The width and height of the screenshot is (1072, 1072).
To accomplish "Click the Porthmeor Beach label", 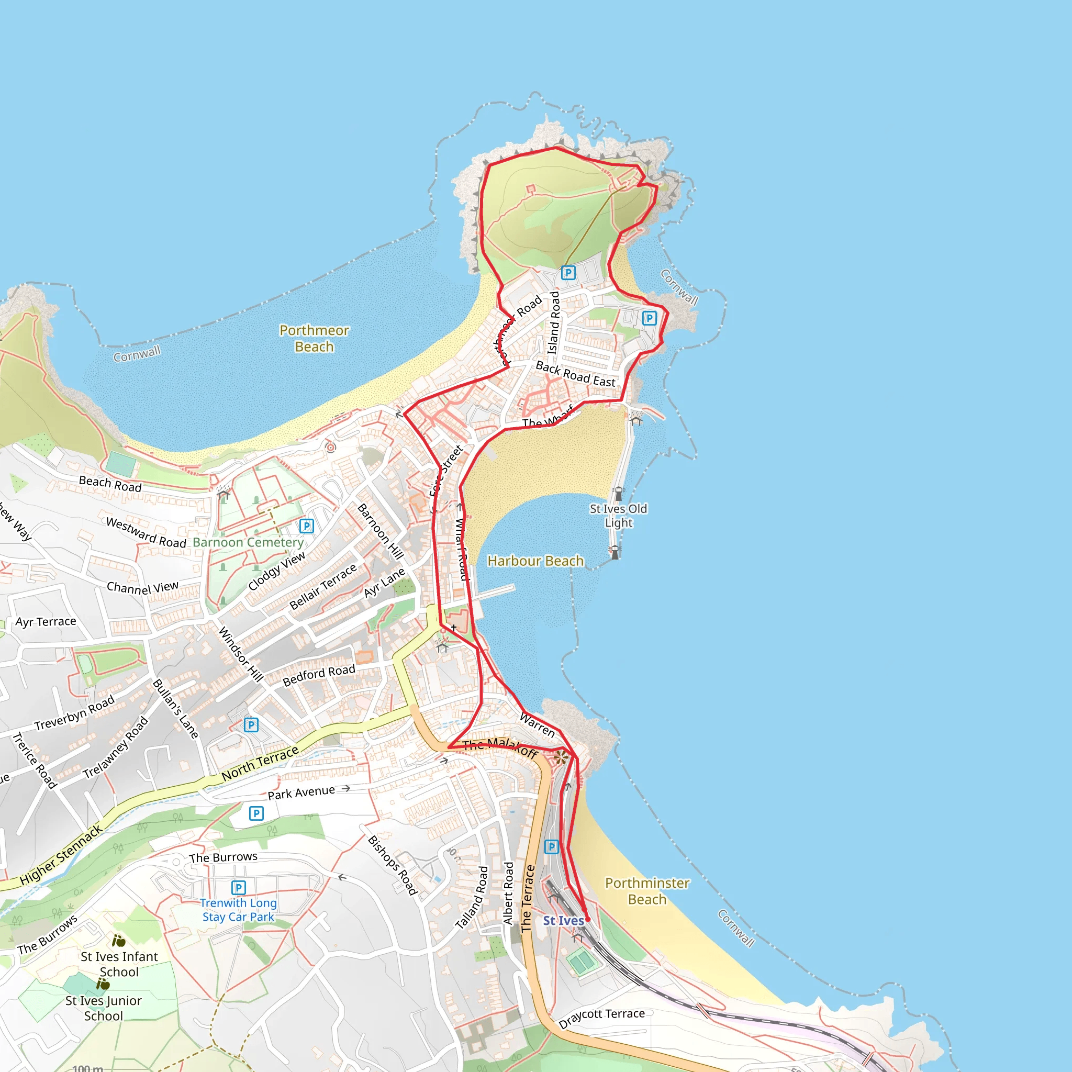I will pos(314,339).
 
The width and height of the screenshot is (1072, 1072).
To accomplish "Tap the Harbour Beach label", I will pos(535,561).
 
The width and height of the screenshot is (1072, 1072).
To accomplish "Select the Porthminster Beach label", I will pos(647,890).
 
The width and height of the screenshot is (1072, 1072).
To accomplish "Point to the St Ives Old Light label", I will pos(618,516).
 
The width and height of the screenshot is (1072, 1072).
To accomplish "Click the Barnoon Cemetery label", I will pos(248,542).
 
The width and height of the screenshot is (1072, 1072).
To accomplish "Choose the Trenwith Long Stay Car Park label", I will pos(238,910).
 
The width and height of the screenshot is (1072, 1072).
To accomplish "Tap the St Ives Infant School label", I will pos(119,964).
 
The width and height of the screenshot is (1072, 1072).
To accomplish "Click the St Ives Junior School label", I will pos(103,1008).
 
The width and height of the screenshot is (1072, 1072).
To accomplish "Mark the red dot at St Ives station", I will pos(588,919).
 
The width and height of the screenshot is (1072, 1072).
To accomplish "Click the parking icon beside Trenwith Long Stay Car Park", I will pos(238,888).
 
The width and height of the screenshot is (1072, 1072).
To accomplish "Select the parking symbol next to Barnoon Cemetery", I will pos(306,526).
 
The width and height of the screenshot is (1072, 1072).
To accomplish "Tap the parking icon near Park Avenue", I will pos(256,813).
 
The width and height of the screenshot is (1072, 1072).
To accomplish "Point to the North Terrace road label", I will pos(260,764).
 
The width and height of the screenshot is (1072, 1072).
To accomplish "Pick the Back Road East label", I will pos(575,375).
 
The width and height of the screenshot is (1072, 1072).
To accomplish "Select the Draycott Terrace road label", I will pos(601,1018).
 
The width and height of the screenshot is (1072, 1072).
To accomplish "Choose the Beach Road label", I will pos(110,484).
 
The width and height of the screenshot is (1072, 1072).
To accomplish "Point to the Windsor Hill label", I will pos(240,654).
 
